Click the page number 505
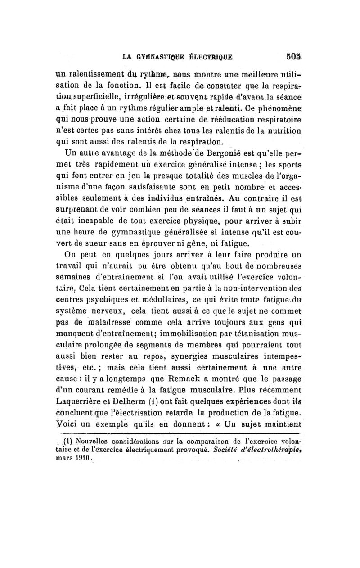coord(297,57)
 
